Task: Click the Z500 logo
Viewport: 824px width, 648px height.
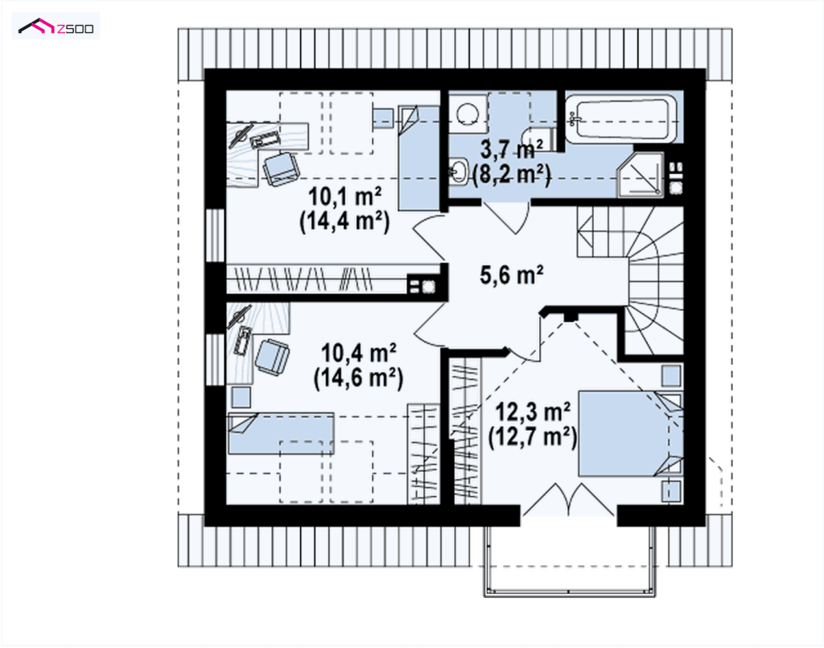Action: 56,26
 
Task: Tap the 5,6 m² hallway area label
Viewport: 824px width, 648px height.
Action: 511,274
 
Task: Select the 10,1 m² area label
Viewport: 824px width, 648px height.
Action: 344,197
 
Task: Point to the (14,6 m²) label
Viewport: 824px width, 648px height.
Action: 358,378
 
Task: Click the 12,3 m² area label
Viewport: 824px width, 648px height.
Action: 533,412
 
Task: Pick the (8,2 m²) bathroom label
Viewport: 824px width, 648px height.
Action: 512,175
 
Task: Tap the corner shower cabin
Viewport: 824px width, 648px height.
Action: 641,175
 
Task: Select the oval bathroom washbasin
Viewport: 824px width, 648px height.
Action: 459,171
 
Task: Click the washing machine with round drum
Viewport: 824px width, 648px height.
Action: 468,114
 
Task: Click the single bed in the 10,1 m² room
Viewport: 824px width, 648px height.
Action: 418,159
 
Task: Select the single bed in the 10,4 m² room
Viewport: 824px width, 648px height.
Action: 281,434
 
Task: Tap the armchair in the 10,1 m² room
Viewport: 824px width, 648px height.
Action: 281,169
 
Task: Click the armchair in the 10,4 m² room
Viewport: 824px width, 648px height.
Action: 272,357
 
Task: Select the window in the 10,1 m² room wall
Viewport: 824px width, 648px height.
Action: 214,235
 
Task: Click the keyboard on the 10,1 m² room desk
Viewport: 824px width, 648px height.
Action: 266,140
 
